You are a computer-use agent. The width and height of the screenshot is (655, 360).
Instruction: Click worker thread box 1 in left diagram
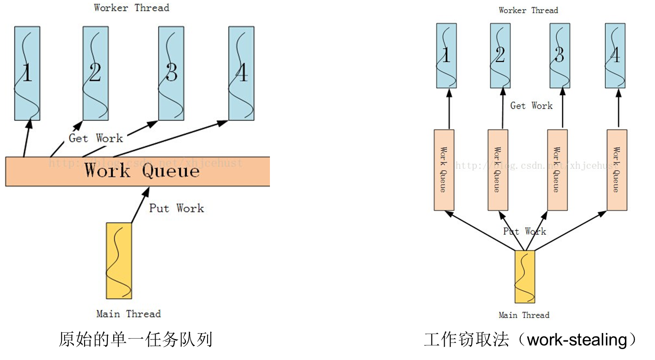27,73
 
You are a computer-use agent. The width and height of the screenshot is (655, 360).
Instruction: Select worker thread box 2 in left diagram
96,73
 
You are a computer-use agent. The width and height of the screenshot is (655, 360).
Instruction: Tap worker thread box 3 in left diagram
171,73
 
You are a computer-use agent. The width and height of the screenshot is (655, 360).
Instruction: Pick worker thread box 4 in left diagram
241,73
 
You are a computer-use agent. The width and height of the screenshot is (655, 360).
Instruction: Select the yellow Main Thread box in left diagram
119,261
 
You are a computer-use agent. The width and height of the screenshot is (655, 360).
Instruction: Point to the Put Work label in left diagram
177,208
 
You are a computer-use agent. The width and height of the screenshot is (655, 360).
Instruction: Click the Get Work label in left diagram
96,138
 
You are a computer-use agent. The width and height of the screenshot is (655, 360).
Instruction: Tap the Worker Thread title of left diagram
132,8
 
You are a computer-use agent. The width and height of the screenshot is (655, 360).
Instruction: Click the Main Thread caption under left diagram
128,314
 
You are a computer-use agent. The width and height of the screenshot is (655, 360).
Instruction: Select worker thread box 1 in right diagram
447,56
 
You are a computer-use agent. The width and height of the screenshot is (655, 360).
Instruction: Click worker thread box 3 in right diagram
560,56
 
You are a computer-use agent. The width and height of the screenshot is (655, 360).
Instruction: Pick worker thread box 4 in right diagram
615,56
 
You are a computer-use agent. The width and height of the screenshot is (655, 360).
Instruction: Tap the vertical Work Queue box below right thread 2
498,170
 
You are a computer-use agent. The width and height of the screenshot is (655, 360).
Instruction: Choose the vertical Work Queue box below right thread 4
617,170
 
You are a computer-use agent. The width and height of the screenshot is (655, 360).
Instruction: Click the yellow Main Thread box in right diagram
525,277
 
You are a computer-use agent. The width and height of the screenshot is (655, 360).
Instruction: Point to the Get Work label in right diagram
531,106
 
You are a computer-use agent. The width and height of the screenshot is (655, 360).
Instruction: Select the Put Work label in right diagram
524,232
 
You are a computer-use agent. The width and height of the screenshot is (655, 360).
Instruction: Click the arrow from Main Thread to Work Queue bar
139,205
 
